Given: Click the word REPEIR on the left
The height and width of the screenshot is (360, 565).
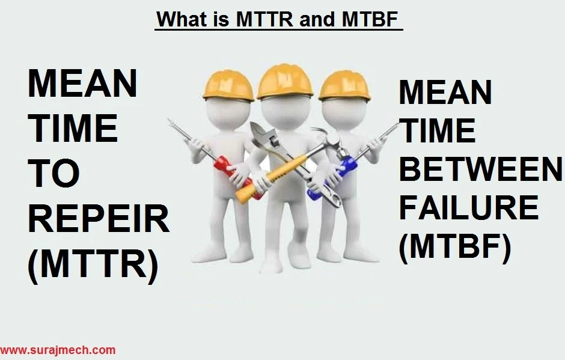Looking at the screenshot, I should pos(99,220).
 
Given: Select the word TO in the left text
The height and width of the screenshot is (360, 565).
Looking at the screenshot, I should pos(54,174).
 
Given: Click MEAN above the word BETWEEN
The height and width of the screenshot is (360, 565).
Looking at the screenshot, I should pos(445,93).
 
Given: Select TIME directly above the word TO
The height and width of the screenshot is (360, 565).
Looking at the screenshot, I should pos(73,129).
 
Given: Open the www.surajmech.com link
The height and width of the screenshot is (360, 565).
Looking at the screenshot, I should pos(58,350).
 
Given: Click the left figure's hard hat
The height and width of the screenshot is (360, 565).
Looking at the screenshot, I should pos(228,85).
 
